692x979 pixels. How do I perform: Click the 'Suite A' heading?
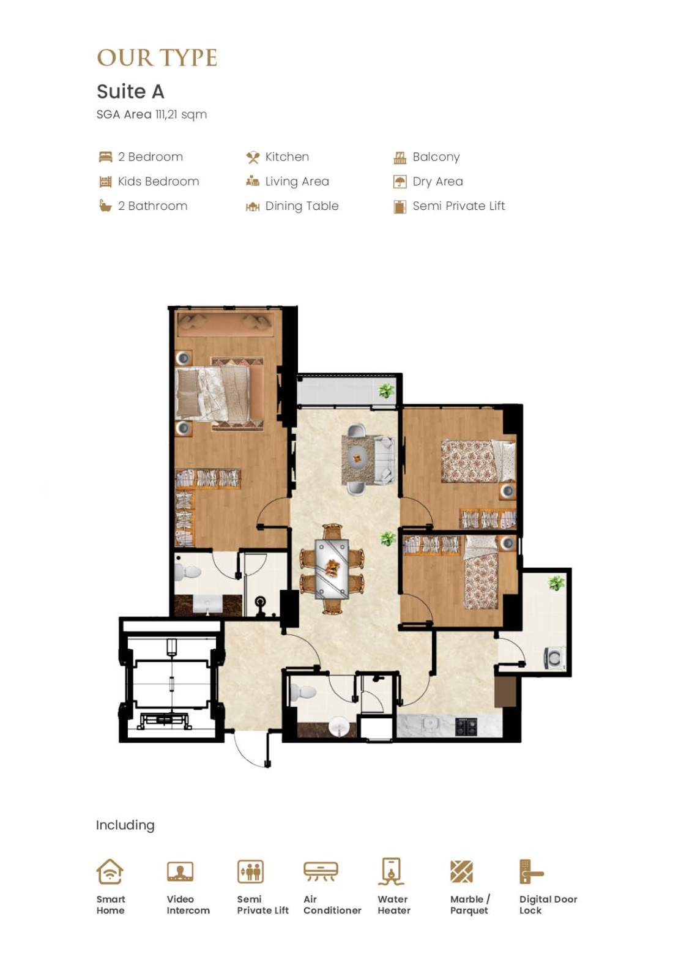(x=130, y=92)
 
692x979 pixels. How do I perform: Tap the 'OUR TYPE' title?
(x=157, y=58)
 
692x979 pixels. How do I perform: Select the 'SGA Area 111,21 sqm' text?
(x=152, y=114)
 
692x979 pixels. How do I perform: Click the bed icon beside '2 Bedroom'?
(x=105, y=157)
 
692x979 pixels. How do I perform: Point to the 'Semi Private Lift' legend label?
(x=458, y=206)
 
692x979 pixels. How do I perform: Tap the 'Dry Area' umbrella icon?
(x=400, y=181)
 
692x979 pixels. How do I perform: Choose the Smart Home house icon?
(x=110, y=871)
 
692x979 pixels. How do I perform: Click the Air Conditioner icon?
(x=321, y=871)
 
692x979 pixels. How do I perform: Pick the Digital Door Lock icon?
(x=530, y=871)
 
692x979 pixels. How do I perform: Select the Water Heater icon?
(x=391, y=871)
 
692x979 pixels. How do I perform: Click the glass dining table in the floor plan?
(x=332, y=568)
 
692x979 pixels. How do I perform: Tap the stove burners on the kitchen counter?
(x=466, y=726)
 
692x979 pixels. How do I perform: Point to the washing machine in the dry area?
(x=554, y=658)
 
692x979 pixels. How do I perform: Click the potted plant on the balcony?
(x=386, y=390)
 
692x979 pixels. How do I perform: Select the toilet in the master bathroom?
(x=188, y=571)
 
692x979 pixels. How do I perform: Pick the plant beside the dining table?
(x=387, y=538)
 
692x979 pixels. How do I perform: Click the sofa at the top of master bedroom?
(x=226, y=325)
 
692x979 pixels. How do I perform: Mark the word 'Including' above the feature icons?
(x=125, y=825)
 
